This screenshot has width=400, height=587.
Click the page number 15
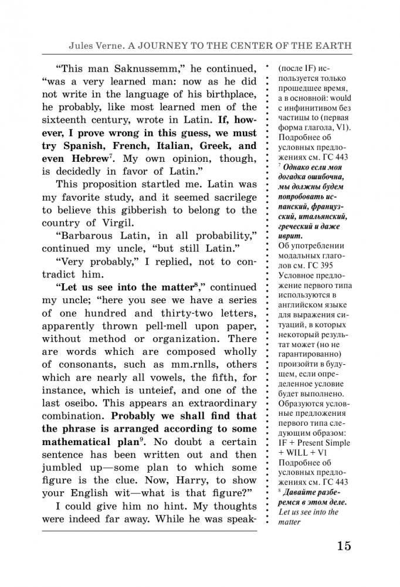click(344, 545)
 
